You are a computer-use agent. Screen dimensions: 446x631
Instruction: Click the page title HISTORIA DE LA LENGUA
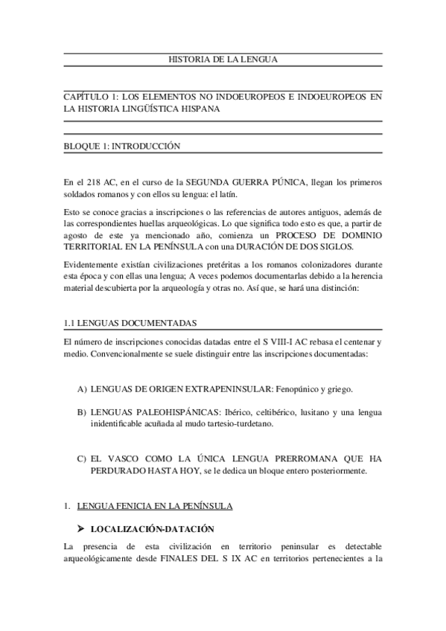coord(223,60)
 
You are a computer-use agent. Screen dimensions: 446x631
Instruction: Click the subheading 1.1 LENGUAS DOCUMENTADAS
coord(130,322)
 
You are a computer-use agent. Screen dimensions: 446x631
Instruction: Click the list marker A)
coord(81,388)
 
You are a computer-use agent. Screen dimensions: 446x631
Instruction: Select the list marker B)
coord(81,411)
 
